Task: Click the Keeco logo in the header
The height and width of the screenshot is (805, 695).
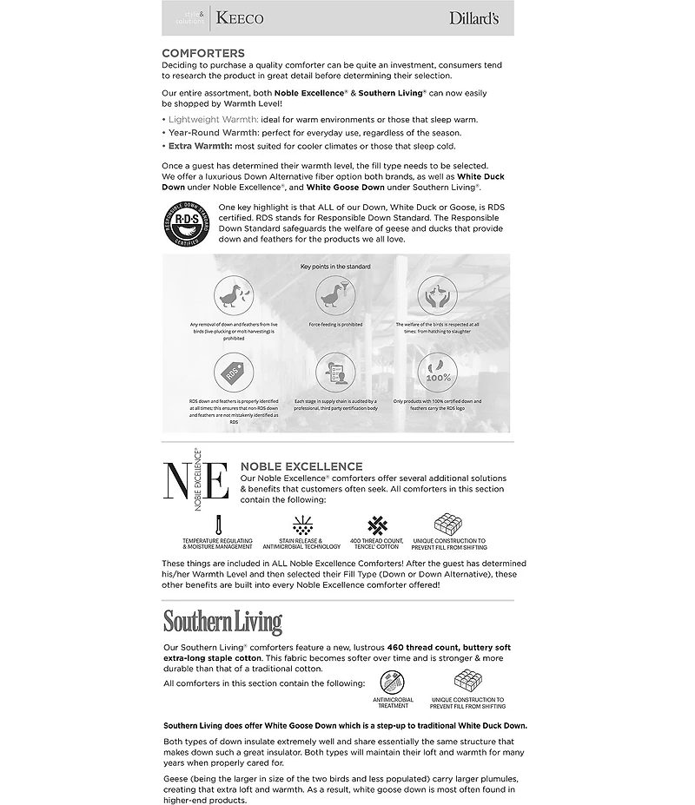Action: click(x=239, y=17)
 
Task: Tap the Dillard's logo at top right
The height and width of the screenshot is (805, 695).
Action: click(x=473, y=17)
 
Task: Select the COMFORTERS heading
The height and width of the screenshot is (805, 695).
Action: click(x=202, y=53)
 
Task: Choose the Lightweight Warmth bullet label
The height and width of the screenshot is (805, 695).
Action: click(x=212, y=119)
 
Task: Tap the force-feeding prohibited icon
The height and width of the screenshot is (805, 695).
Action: click(x=335, y=296)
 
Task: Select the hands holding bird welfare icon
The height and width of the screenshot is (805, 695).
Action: click(x=437, y=296)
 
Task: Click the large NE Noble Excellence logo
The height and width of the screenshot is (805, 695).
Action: click(x=196, y=480)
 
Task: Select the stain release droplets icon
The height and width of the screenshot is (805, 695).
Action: click(x=302, y=524)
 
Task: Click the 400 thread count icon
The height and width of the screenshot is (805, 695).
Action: click(x=377, y=524)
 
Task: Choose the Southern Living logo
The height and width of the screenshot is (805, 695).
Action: click(x=222, y=623)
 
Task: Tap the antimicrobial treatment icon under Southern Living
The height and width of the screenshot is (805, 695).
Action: click(x=392, y=680)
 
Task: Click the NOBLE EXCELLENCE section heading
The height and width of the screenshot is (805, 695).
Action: click(x=301, y=466)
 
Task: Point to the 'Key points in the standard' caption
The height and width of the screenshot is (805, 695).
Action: click(x=335, y=266)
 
